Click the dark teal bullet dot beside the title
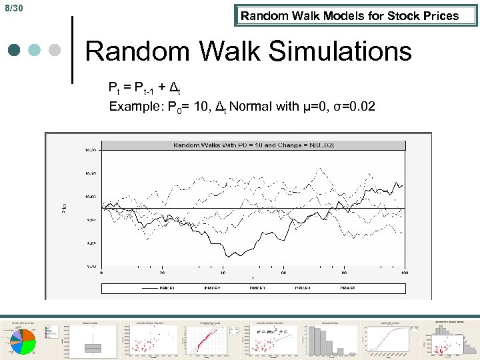15,51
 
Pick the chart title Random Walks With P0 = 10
253,145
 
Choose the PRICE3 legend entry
257,288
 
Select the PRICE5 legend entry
347,288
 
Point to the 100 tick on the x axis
405,272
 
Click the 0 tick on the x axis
101,272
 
